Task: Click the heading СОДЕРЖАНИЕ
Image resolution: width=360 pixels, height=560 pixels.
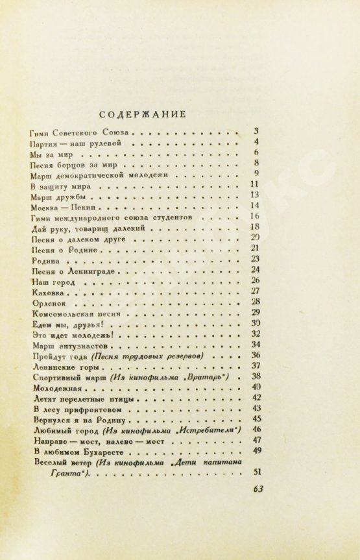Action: [147, 114]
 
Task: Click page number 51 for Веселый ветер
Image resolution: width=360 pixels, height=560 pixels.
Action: [255, 472]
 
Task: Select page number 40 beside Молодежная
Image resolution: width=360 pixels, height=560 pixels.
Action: [255, 387]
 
